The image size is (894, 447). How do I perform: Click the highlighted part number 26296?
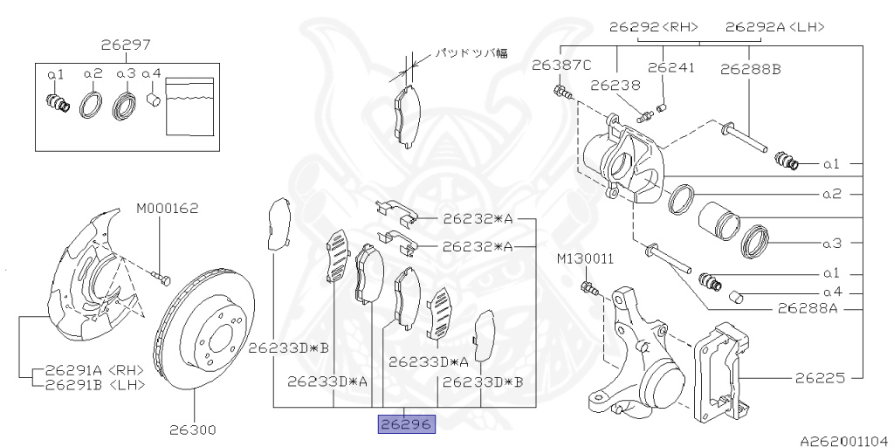[x=405, y=425]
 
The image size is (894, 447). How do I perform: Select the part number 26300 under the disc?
[x=193, y=430]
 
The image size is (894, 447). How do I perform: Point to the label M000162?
[x=168, y=209]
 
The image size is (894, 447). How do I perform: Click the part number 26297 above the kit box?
[x=125, y=43]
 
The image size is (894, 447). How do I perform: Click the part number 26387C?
[x=561, y=65]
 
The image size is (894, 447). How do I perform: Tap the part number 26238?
[x=615, y=86]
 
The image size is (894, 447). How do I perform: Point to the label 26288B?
[x=751, y=65]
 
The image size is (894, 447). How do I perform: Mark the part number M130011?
[x=586, y=259]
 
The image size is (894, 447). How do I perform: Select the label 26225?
[x=820, y=379]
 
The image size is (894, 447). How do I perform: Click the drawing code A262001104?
[x=842, y=442]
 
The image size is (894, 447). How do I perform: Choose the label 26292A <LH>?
[x=774, y=26]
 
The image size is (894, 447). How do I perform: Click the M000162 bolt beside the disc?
[x=159, y=278]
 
